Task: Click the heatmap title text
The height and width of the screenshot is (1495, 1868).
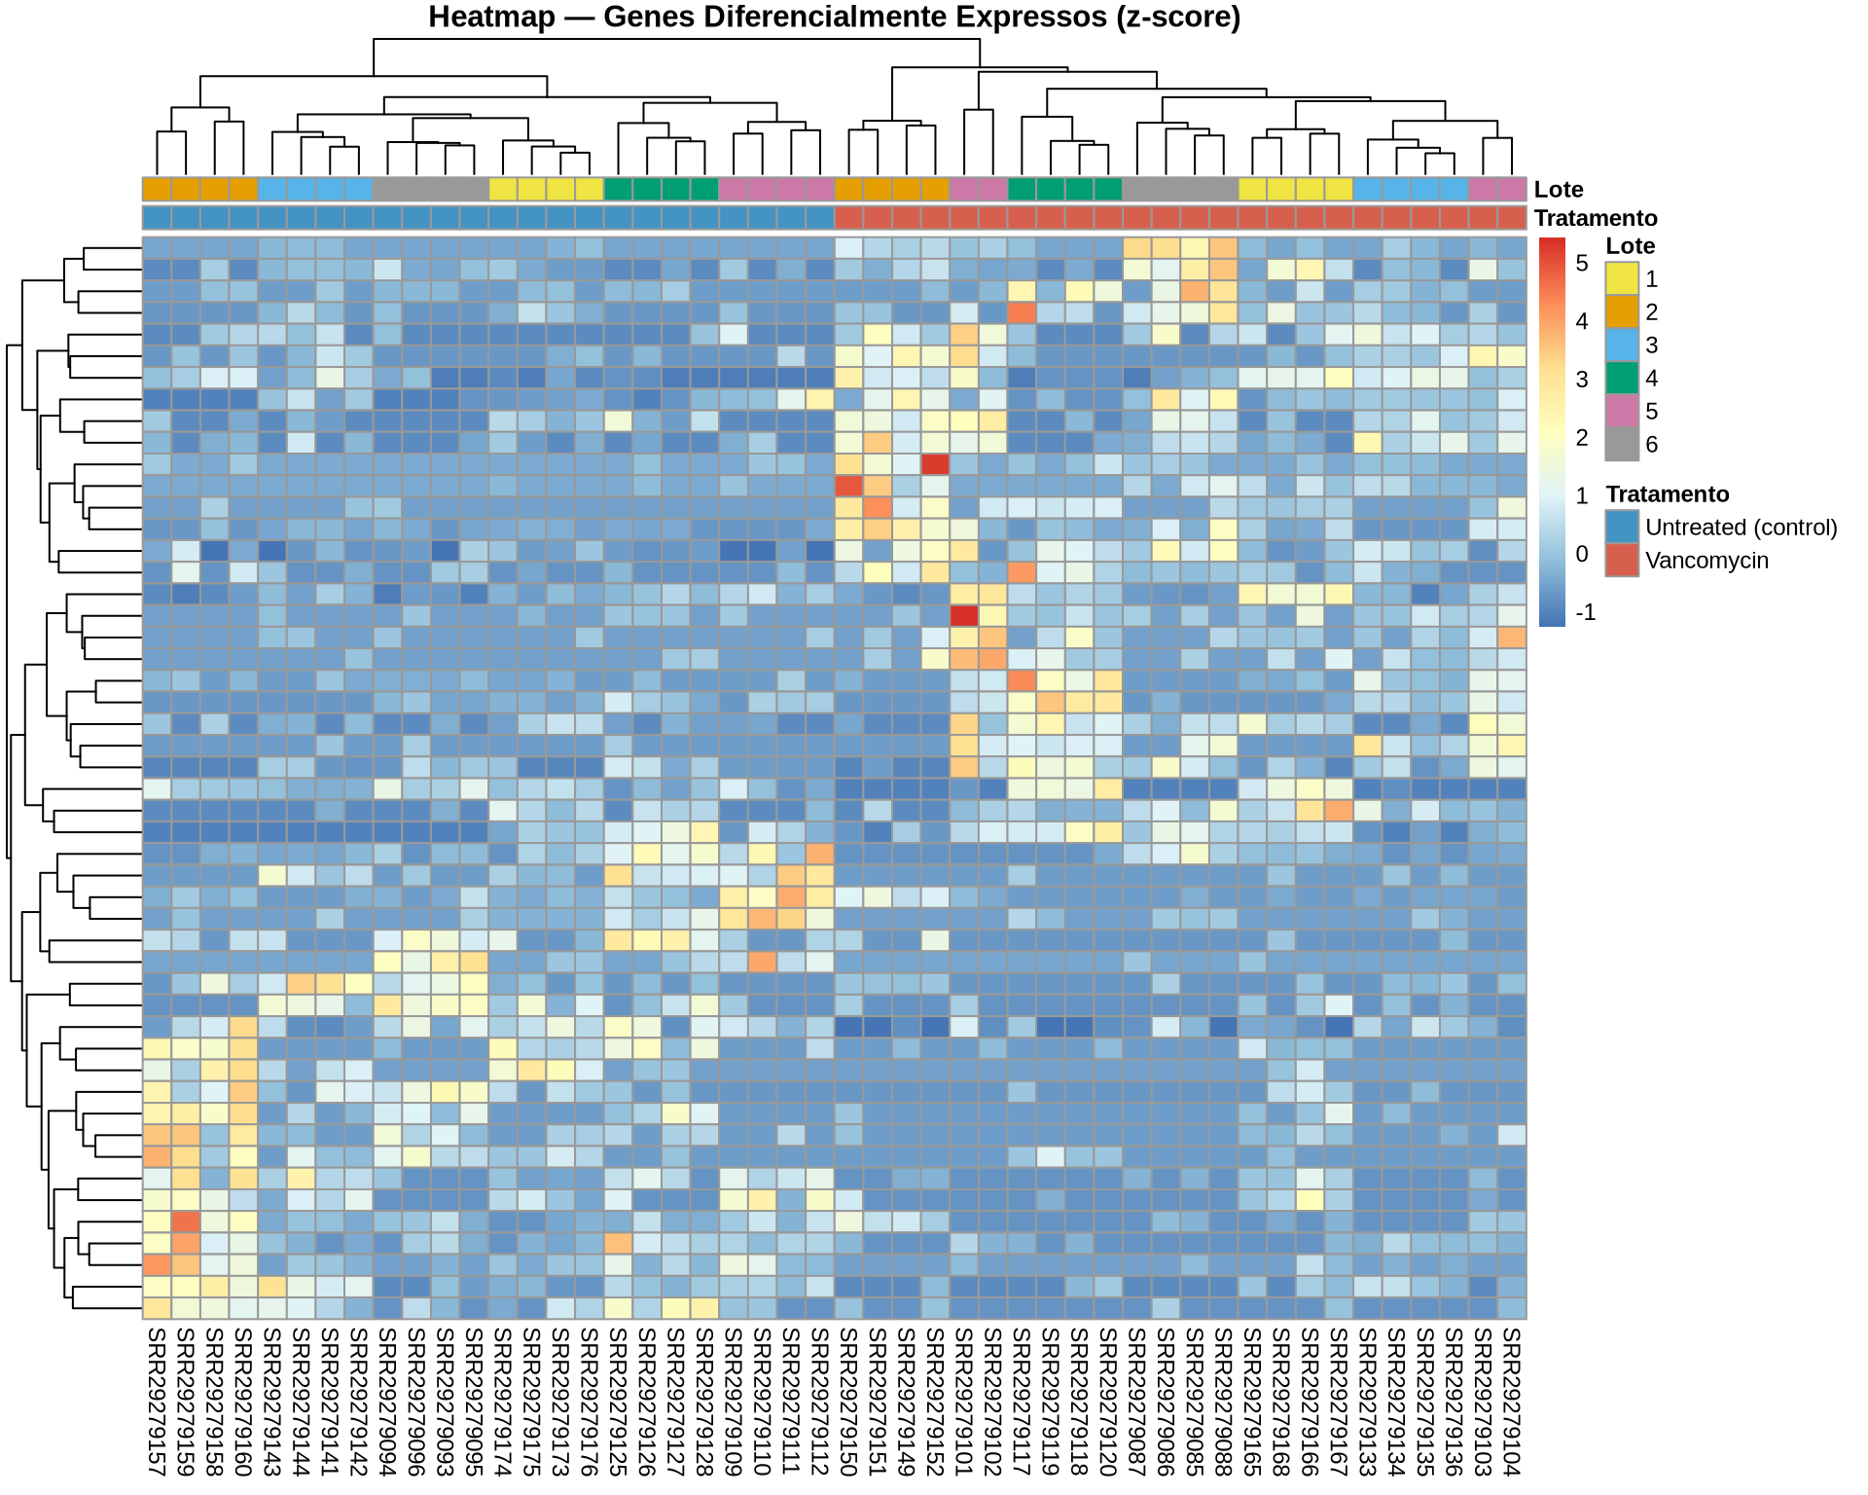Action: [x=834, y=18]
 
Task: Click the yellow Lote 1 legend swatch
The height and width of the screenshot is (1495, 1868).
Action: [x=1621, y=279]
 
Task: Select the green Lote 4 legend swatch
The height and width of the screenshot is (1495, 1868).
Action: [x=1621, y=379]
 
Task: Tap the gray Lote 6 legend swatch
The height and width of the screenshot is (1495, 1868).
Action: [x=1621, y=445]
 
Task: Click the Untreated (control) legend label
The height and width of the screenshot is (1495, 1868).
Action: [x=1741, y=528]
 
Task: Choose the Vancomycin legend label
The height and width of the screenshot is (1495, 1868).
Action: [x=1706, y=561]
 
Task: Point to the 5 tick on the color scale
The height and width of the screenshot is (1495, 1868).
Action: [x=1582, y=263]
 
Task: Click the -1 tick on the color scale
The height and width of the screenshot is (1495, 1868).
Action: [x=1585, y=612]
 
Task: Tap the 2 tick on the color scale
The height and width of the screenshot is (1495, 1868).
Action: [x=1582, y=438]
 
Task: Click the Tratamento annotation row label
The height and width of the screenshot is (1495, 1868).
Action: [x=1596, y=218]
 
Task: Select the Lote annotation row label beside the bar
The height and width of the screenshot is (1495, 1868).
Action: [x=1559, y=190]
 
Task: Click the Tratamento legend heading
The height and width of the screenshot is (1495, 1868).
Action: [x=1667, y=494]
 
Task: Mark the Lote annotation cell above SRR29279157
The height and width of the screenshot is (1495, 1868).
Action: [x=157, y=189]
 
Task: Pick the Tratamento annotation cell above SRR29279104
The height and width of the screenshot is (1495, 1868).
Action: [x=1512, y=217]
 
